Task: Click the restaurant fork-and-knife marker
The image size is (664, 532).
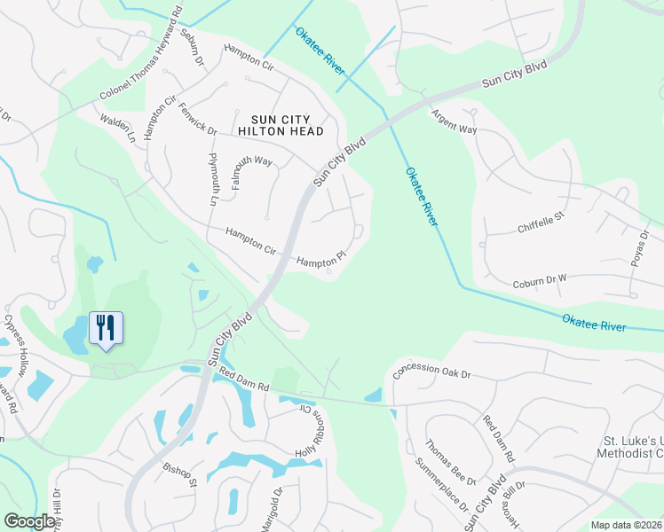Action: point(106,328)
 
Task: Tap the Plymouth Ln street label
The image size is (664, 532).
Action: point(213,179)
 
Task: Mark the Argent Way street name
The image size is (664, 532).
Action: point(454,121)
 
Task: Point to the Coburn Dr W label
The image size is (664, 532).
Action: point(539,284)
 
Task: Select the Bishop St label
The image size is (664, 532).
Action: point(179,474)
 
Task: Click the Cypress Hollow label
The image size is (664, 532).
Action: point(17,346)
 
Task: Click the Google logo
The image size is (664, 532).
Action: point(29,520)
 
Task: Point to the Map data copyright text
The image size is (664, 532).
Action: point(626,525)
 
